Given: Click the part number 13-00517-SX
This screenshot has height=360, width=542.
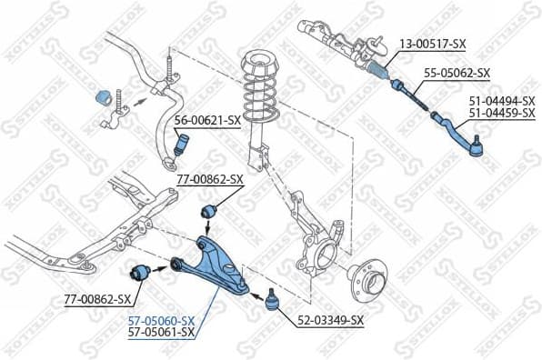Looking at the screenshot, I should tap(434, 44).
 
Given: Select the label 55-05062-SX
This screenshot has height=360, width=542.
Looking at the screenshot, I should tap(457, 73).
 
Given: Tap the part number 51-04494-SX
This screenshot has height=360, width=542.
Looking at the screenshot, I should tap(502, 100).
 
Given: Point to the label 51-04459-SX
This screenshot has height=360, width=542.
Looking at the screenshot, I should tap(502, 113).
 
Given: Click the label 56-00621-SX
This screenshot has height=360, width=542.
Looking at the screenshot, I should tap(207, 120).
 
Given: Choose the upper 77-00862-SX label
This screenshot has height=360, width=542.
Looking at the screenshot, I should tap(210, 179).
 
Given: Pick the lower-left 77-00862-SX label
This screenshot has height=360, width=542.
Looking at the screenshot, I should tap(97, 298).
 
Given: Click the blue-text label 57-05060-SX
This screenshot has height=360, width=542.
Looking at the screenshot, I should tap(160, 321).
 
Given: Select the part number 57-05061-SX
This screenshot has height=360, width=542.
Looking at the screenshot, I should tap(160, 333).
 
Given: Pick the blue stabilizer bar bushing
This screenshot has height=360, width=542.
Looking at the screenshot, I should tap(103, 95).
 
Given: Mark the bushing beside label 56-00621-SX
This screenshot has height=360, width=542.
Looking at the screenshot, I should tap(180, 144).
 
